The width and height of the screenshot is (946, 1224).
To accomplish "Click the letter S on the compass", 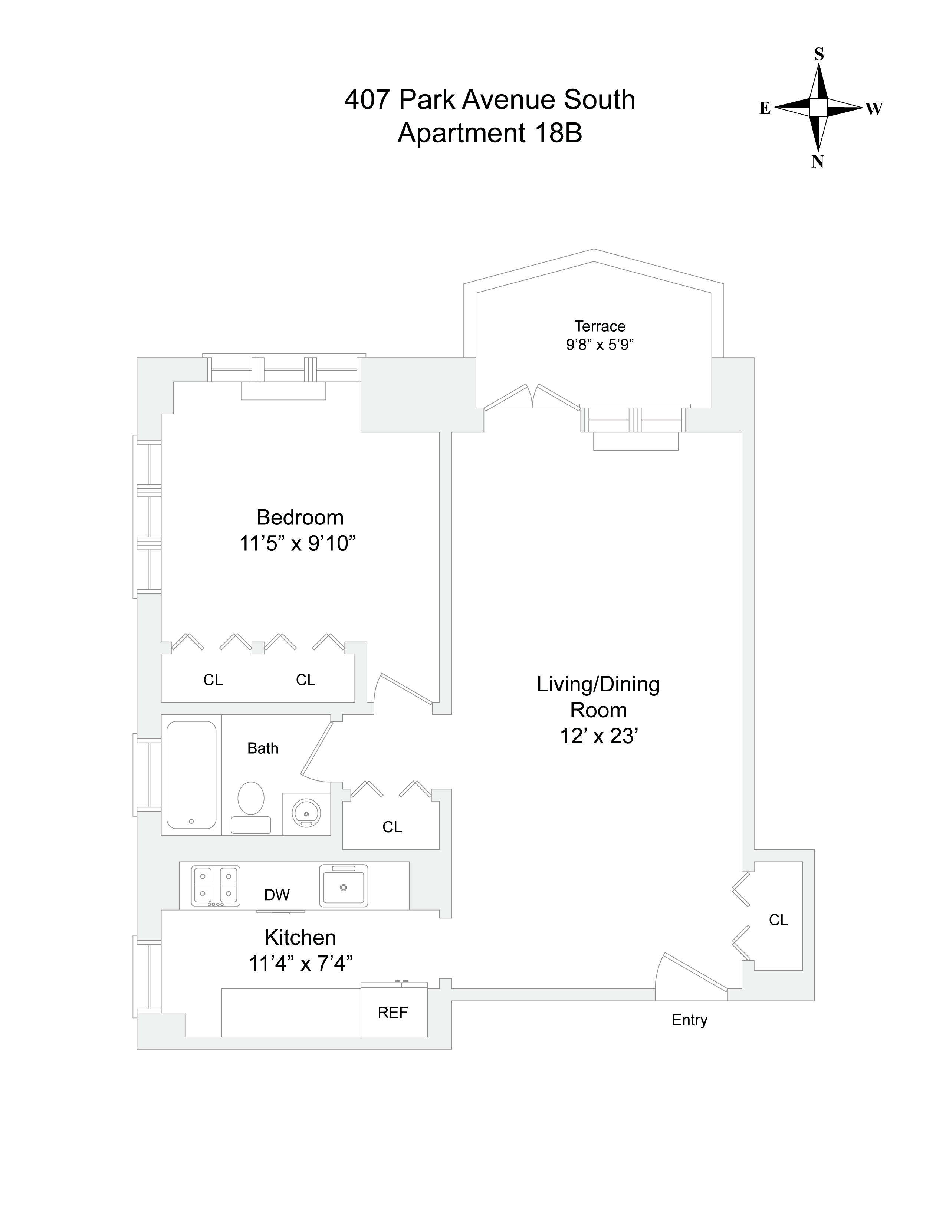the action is click(x=819, y=55).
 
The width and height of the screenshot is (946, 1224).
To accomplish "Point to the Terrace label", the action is click(x=600, y=326).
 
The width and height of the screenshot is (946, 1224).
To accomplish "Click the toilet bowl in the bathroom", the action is click(x=250, y=798).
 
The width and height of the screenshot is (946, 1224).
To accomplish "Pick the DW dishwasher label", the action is click(x=277, y=895).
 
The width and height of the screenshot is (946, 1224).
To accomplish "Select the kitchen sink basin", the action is click(x=344, y=886).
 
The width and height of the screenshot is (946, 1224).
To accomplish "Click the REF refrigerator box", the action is click(x=393, y=1012).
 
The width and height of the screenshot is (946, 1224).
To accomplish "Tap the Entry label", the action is click(x=689, y=1020).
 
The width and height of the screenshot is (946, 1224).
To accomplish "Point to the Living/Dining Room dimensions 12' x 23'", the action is click(x=600, y=736).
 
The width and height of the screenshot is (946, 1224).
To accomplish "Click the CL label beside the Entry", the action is click(x=778, y=920).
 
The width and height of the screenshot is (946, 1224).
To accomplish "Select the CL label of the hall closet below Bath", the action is click(x=392, y=827).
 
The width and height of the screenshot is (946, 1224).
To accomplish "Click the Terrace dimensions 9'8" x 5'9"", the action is click(x=600, y=345).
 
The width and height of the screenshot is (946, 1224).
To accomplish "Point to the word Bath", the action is click(x=263, y=748).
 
